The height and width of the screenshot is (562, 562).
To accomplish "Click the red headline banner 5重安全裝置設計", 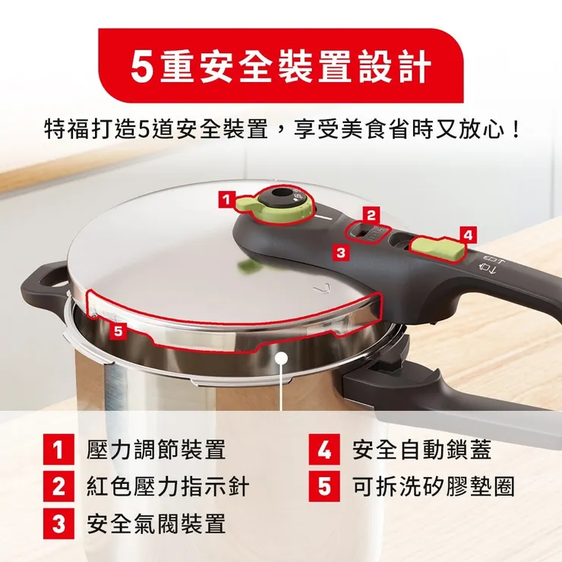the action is point(281,66).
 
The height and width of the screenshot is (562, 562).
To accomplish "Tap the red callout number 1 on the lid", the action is point(226,200).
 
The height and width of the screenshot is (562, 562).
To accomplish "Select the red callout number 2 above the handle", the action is point(371,216).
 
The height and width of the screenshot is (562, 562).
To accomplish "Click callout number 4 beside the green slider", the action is point(468,235).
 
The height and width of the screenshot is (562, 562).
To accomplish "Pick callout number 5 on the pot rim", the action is point(118,331).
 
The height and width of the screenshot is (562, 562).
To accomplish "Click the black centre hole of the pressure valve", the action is point(277,193).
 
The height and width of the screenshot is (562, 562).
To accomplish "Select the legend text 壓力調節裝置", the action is point(156,450).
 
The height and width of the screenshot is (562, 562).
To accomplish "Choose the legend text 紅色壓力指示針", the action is point(168,486).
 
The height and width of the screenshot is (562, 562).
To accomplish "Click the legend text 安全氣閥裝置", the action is point(156,524).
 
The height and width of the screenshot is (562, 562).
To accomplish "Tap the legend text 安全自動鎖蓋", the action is point(421,450).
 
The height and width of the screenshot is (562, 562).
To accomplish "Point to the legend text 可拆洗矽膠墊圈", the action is point(434,486).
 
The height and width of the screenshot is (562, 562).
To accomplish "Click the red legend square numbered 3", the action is point(58,524).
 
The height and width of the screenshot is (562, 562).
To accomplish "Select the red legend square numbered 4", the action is point(324,450).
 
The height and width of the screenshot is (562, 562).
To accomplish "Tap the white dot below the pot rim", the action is point(283,358).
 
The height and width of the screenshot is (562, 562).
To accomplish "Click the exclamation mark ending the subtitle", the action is point(516,130).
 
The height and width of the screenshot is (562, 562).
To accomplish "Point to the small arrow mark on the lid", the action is point(318,289).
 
